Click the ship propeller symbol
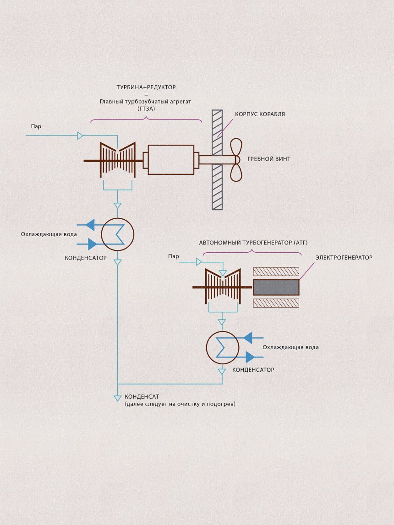236,159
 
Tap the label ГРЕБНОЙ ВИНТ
268,159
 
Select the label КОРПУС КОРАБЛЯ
260,114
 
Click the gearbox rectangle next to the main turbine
171,159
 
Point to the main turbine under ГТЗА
118,160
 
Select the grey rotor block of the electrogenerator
276,287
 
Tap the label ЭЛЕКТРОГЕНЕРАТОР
344,258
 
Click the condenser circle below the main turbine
118,234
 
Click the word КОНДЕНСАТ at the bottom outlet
142,396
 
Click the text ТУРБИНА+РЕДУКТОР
146,87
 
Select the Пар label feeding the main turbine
36,126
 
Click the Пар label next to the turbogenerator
174,256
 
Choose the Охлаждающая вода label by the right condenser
290,347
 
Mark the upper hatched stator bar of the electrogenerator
276,271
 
